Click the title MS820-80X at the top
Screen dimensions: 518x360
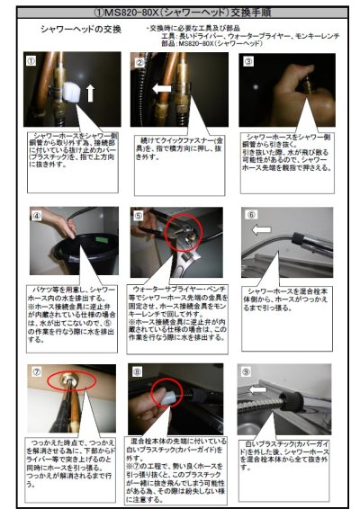tap(180, 12)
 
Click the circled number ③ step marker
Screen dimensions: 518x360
tap(247, 62)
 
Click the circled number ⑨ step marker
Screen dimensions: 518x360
tap(248, 371)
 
